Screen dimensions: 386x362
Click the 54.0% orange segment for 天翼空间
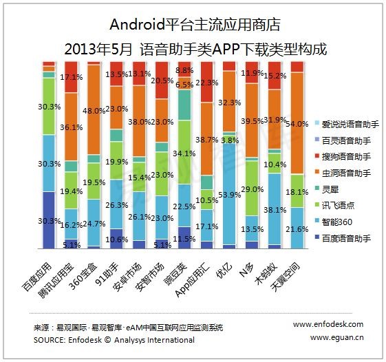coord(297,123)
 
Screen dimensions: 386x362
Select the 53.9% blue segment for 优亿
coord(229,194)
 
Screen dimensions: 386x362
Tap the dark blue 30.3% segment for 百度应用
coord(49,220)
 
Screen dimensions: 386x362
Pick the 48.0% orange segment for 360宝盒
coord(94,110)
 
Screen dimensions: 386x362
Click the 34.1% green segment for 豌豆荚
coord(184,152)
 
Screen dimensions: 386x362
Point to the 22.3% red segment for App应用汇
coord(207,82)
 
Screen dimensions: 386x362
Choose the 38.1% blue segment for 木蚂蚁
coord(275,209)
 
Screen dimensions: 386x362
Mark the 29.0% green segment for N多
coord(252,189)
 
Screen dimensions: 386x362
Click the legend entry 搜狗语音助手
coord(343,157)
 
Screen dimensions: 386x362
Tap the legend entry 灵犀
coord(327,189)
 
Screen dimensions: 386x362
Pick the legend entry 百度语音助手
coord(343,238)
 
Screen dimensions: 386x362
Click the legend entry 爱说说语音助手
coord(347,124)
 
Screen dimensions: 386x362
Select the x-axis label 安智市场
coord(149,277)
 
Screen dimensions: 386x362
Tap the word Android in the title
coord(137,24)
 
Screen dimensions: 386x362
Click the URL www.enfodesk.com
coord(328,324)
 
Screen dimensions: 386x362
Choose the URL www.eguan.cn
coord(336,337)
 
